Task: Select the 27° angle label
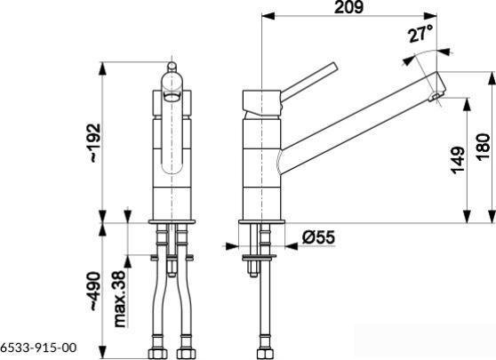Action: tap(420, 35)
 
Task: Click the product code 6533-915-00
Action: tap(38, 348)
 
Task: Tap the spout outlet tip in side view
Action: tap(436, 97)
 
